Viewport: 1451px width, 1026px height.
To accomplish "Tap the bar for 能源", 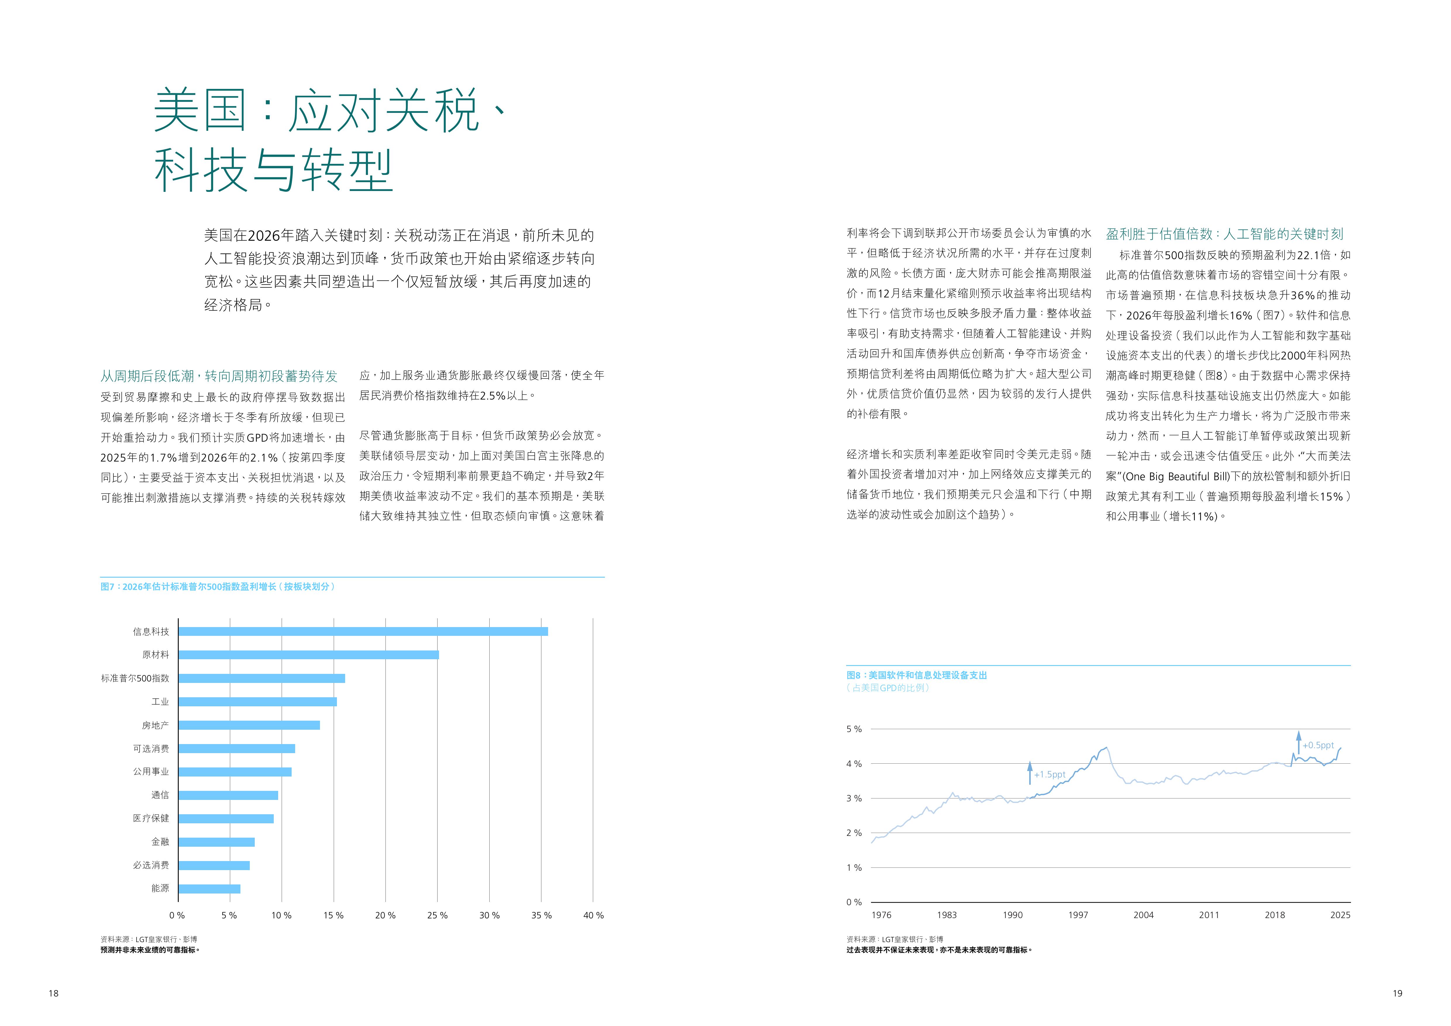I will tap(209, 889).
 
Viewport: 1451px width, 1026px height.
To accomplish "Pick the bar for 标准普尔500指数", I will tap(262, 678).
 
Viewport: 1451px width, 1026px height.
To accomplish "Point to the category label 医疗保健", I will tap(151, 818).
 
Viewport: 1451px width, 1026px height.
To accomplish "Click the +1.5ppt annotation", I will tap(1050, 774).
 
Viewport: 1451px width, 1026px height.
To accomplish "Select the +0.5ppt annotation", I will tap(1318, 746).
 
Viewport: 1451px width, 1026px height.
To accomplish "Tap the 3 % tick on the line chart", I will tap(854, 798).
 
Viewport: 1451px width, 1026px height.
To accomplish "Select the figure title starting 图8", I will tap(916, 675).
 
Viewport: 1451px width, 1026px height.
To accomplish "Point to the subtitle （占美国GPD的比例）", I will tap(888, 688).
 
